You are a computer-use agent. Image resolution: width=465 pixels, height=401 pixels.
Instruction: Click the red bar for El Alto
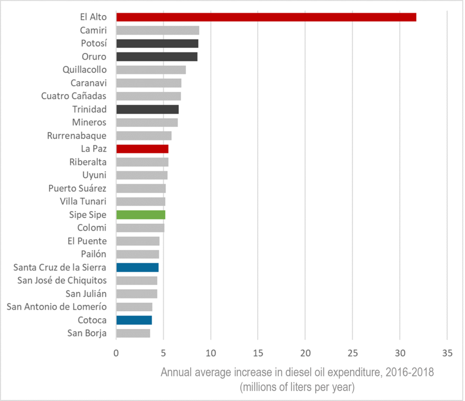266,17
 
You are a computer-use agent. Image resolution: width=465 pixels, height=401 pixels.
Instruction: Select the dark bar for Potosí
157,44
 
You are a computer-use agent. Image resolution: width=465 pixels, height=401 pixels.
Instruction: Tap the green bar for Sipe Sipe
141,215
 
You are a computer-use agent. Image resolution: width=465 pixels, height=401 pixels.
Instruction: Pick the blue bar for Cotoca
134,320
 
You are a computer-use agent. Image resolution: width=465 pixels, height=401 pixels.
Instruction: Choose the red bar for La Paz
142,149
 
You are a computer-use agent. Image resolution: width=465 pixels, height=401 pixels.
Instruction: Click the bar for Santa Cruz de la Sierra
137,267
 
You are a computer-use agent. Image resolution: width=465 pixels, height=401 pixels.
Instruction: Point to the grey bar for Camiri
158,30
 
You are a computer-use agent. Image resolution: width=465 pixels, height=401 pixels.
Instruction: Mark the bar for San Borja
133,333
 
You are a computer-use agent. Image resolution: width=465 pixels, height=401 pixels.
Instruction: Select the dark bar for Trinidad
147,109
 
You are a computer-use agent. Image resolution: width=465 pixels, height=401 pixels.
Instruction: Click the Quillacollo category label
85,70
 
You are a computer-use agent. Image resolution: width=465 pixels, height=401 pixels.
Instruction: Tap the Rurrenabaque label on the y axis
77,136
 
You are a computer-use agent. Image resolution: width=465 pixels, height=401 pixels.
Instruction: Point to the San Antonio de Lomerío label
57,307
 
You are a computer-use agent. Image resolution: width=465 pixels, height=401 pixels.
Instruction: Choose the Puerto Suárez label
78,188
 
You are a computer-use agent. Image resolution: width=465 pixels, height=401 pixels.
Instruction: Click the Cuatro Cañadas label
74,96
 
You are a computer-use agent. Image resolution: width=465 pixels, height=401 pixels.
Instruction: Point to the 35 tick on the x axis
447,352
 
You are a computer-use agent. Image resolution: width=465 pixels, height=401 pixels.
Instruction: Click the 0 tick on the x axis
116,352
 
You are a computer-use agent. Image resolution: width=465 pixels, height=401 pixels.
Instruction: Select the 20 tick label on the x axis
305,352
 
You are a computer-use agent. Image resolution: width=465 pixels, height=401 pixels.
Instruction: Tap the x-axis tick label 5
163,352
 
